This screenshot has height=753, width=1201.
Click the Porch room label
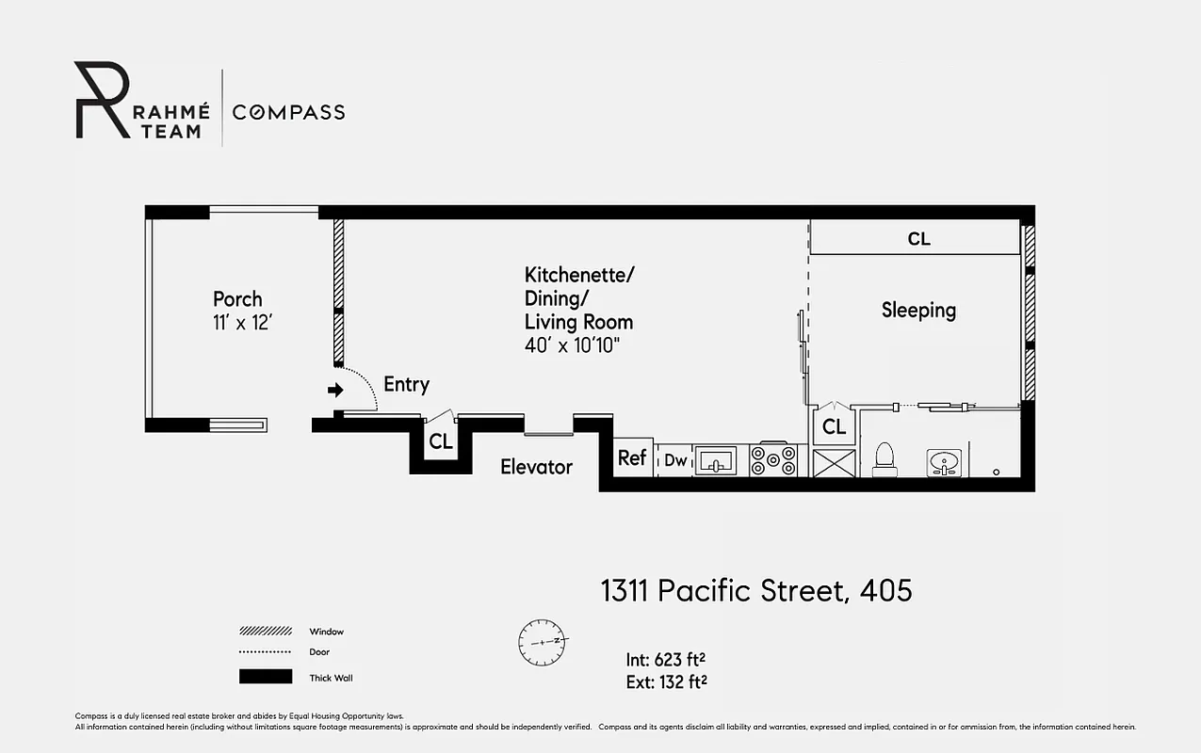point(237,299)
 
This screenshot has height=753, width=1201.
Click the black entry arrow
point(334,390)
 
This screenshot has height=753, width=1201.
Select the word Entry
point(406,385)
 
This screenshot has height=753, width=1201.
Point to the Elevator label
point(536,467)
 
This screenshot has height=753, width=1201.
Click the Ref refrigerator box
point(632,458)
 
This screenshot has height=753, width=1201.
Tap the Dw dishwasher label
point(675,460)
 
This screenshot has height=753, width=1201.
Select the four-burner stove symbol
point(773,460)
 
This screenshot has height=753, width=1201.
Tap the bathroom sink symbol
point(943,461)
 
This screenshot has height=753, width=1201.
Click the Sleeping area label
point(918,310)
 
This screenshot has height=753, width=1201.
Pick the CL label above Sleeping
point(918,239)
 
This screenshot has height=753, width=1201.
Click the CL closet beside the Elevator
point(440,441)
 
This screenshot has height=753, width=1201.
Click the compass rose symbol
point(542,641)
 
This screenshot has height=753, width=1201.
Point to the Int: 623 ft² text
point(667,659)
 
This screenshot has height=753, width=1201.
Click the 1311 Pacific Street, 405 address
point(756,591)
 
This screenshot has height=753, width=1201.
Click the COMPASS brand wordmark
point(289,113)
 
